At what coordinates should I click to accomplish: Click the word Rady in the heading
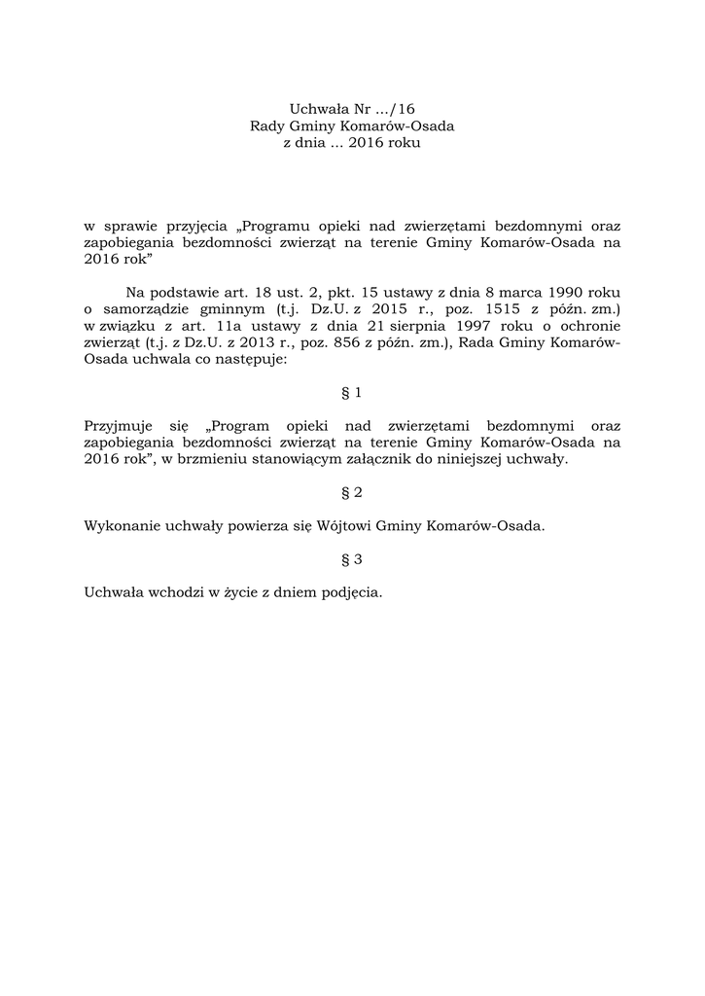(x=266, y=126)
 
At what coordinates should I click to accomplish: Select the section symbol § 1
(x=352, y=392)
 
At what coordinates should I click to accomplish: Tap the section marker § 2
(x=352, y=493)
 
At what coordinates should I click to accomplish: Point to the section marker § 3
(x=352, y=559)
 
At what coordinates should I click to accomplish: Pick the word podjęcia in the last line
(x=349, y=592)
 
